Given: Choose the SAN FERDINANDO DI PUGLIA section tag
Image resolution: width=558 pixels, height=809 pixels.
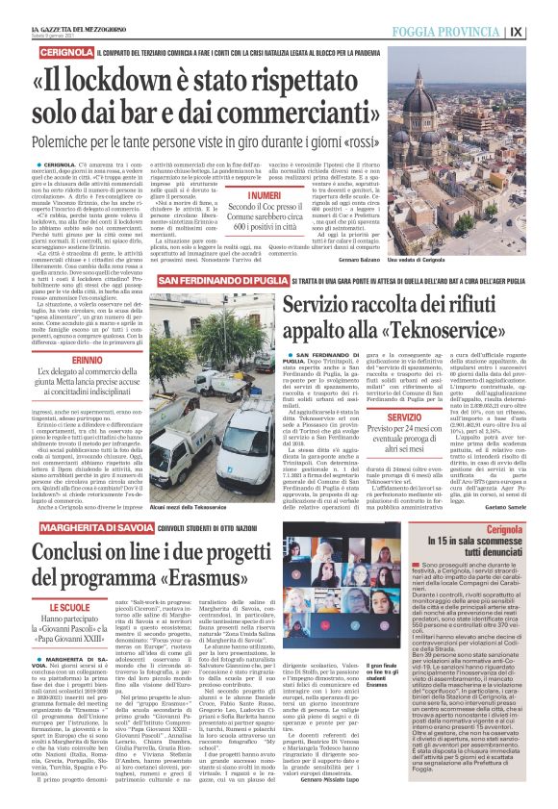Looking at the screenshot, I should tap(222, 279).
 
